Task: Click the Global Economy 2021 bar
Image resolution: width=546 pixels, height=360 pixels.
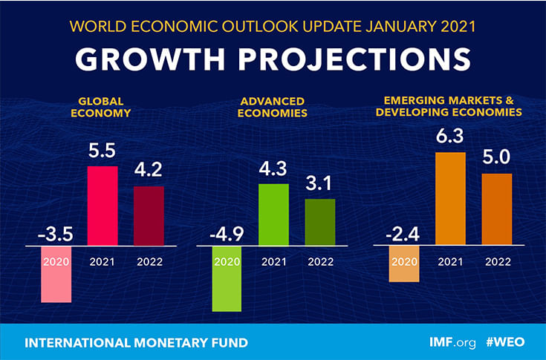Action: [x=103, y=206]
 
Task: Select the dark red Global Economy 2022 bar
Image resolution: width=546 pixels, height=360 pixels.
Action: [x=149, y=215]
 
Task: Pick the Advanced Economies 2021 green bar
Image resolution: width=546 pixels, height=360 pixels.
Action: [x=273, y=214]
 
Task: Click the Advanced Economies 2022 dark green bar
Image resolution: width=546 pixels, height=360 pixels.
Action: [x=320, y=222]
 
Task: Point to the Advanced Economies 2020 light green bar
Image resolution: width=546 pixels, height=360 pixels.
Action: [x=227, y=278]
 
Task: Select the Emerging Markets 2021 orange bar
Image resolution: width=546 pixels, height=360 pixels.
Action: [x=450, y=198]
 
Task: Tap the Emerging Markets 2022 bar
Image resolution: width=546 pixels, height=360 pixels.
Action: [x=497, y=209]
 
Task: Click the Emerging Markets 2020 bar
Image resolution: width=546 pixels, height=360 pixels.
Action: [x=404, y=264]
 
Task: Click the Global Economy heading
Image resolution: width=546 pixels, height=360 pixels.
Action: [x=103, y=108]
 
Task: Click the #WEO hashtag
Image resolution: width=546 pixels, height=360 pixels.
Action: [x=507, y=343]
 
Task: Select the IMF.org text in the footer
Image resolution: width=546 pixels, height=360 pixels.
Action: [x=452, y=343]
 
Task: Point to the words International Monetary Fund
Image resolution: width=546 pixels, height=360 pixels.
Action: [x=136, y=343]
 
